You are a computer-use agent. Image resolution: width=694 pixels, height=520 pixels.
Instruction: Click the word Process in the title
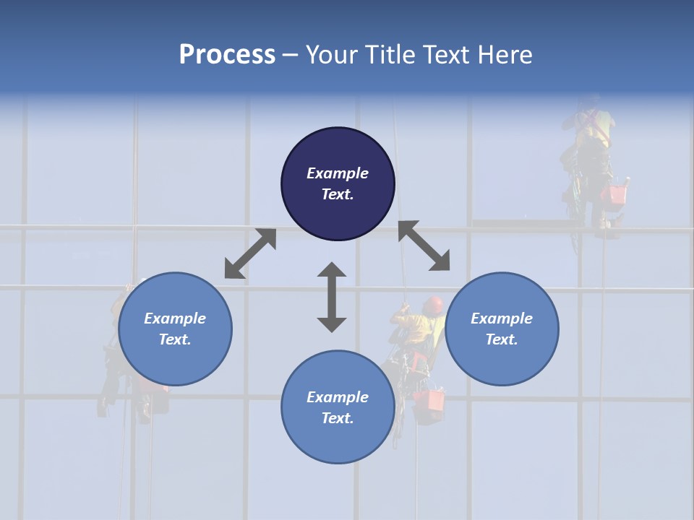(x=227, y=55)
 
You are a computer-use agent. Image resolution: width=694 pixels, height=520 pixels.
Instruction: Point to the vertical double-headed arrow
(x=332, y=297)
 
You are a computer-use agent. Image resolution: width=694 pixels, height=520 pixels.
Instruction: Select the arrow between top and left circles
(x=250, y=253)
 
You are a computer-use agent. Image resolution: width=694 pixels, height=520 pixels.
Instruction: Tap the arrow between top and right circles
(x=424, y=246)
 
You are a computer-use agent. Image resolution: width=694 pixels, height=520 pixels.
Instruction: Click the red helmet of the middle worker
(x=433, y=305)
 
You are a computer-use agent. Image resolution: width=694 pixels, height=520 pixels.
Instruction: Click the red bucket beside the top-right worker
(x=617, y=194)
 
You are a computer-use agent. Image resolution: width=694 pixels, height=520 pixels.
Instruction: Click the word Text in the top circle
(x=338, y=194)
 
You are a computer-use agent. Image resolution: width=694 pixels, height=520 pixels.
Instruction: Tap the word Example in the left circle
(x=175, y=318)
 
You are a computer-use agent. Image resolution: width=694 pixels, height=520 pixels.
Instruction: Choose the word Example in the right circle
(x=502, y=318)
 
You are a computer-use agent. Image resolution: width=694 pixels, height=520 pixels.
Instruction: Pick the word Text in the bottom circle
(x=338, y=418)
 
